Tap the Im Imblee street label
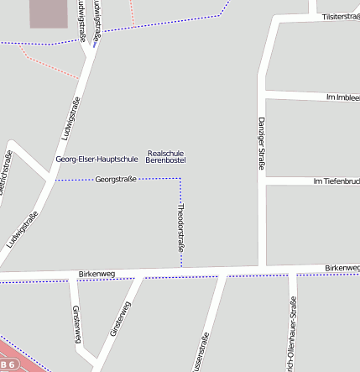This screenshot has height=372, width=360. click(x=342, y=97)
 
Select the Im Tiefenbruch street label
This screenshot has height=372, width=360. click(x=336, y=181)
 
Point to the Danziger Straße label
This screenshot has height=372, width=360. click(x=261, y=144)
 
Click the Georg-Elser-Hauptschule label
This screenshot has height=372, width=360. click(x=97, y=159)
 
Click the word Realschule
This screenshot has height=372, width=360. click(x=165, y=153)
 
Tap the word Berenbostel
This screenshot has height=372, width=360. click(x=165, y=160)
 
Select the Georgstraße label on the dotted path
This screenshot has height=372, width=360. click(x=116, y=179)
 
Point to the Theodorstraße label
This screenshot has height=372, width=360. click(x=180, y=227)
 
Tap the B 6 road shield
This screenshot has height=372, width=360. click(x=8, y=364)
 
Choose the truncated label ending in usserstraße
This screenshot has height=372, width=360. click(x=202, y=353)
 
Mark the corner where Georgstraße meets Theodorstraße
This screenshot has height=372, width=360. click(x=180, y=178)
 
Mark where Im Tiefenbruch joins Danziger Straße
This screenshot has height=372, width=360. click(x=262, y=181)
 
